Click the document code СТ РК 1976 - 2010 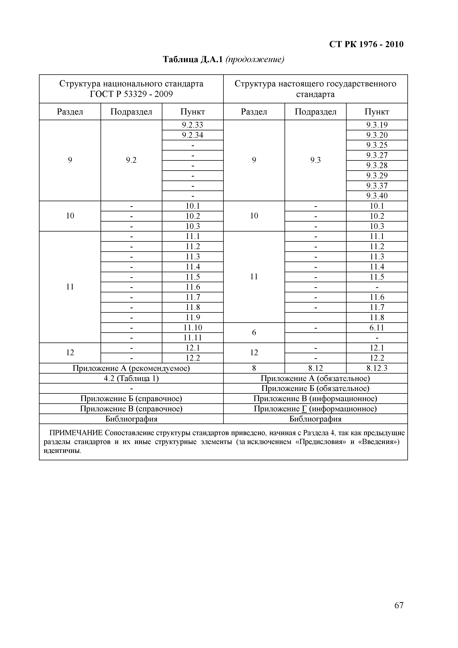(x=366, y=44)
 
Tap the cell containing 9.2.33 (x=193, y=125)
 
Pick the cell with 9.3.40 (x=377, y=196)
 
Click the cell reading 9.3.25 (x=377, y=145)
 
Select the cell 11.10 (x=193, y=328)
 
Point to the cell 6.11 (x=377, y=328)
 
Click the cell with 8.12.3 (x=377, y=368)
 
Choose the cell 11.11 (x=193, y=338)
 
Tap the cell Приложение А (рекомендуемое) (x=131, y=368)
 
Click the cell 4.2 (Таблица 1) (x=131, y=379)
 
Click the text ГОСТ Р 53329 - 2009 (x=131, y=94)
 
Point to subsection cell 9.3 (x=315, y=160)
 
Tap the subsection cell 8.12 (x=315, y=368)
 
